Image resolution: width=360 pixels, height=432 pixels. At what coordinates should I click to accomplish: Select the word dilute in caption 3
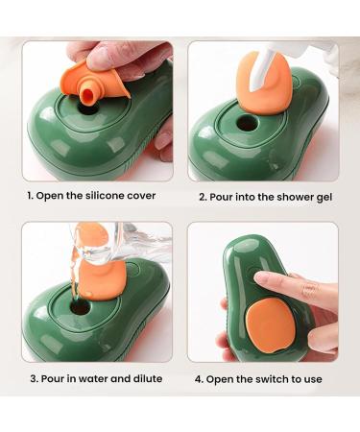[143, 378]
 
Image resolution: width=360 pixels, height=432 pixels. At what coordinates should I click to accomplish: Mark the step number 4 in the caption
[199, 378]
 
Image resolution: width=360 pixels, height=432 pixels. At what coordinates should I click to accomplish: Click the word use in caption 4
[311, 378]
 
